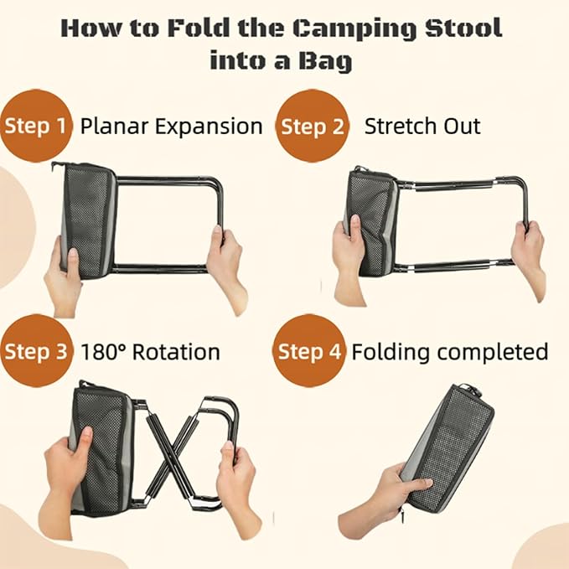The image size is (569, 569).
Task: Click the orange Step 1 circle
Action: [x=35, y=127]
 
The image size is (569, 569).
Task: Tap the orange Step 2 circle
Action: [x=311, y=127]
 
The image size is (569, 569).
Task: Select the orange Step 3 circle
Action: [x=35, y=351]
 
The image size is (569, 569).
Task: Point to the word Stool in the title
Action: [x=463, y=28]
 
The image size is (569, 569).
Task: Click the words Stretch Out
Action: [x=422, y=127]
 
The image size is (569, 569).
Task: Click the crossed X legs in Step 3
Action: [x=175, y=458]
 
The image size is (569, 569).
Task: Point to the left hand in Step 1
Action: [x=63, y=272]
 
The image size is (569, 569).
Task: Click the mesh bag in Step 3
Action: [x=104, y=448]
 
